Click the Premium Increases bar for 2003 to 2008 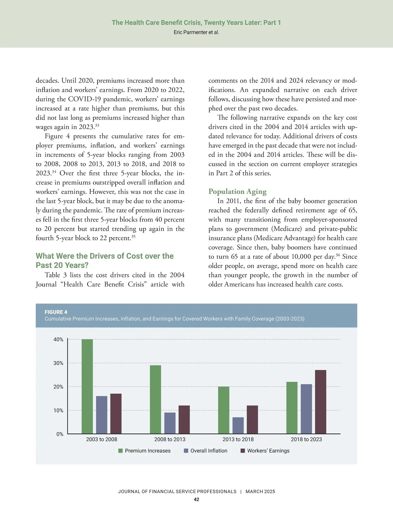click(87, 386)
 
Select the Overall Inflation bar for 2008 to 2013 click(170, 423)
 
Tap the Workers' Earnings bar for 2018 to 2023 click(320, 402)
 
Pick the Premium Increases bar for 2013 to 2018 click(224, 410)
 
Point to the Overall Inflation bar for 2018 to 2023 click(306, 409)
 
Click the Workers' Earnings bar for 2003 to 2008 click(116, 414)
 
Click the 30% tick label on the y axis click(58, 363)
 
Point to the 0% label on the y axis click(60, 434)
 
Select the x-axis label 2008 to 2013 click(170, 439)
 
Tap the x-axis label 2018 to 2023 click(306, 439)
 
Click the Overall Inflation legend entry click(209, 451)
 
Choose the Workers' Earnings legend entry click(268, 451)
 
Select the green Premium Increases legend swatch click(121, 451)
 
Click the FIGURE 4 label click(56, 312)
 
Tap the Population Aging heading click(237, 192)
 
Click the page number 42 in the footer click(196, 500)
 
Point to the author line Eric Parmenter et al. click(196, 32)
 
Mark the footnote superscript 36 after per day click(338, 255)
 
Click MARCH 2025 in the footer click(260, 491)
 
